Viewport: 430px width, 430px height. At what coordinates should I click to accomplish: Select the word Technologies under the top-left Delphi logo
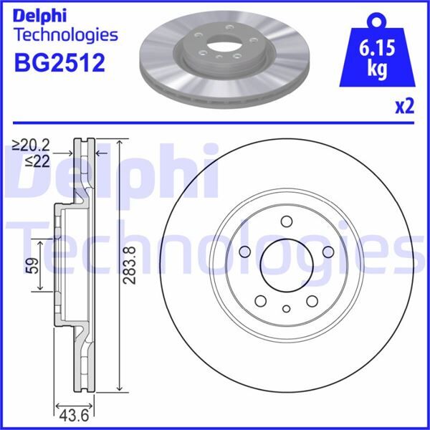click(65, 34)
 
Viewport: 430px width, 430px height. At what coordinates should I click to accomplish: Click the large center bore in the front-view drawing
click(286, 264)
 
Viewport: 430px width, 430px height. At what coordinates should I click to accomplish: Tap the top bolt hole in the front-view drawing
click(286, 221)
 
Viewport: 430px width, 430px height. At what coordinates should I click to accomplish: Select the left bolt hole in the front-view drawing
click(244, 252)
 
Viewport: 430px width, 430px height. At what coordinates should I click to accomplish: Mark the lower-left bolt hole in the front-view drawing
click(260, 300)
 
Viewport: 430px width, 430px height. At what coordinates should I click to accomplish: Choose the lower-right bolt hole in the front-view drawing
click(312, 300)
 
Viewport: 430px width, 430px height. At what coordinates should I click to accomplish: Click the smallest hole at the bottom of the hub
click(286, 309)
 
